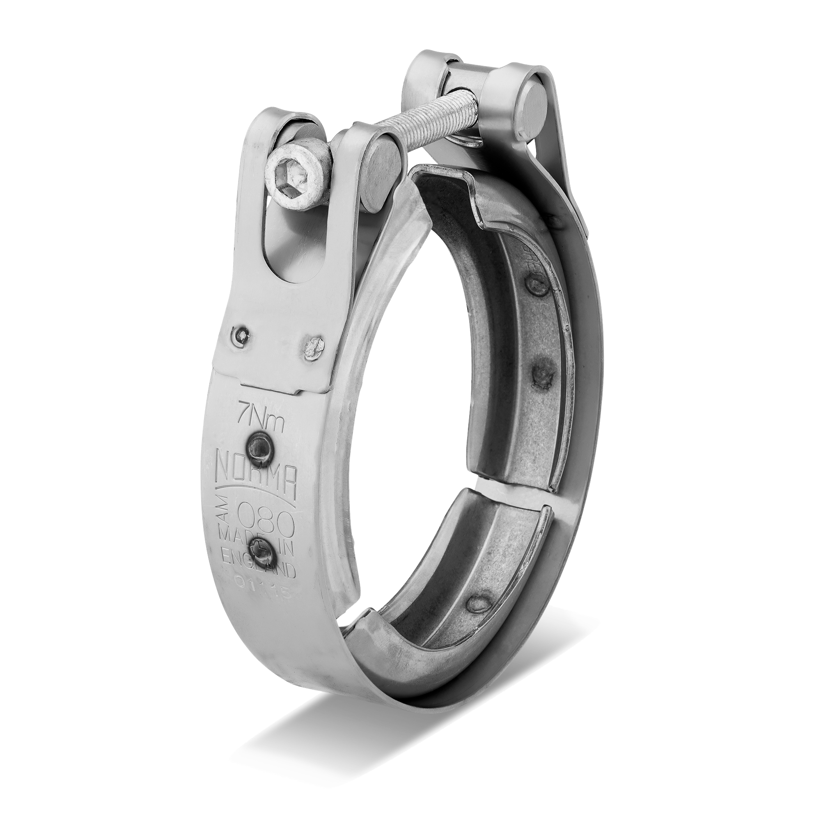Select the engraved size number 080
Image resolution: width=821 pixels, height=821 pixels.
[269, 516]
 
